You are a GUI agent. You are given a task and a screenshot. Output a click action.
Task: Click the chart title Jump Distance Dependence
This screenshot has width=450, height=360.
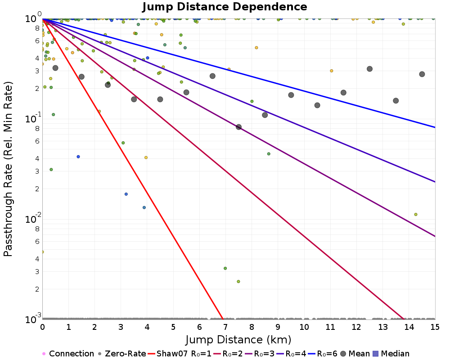coord(225,7)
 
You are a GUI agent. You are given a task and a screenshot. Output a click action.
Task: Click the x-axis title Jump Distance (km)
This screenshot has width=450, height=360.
coord(238,340)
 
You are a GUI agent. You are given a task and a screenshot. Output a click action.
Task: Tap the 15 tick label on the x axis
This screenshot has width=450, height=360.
coord(435,327)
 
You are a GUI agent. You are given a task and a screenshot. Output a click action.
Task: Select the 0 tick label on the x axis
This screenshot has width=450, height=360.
coord(42,327)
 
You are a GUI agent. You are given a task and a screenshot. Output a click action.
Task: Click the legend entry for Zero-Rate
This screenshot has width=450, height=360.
coord(122,353)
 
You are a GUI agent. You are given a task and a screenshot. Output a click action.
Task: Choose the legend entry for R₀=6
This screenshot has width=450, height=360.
coord(323,353)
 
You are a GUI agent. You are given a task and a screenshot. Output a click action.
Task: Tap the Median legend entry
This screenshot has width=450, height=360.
coord(391,353)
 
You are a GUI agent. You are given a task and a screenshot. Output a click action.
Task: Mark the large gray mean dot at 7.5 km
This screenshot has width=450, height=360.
coord(238,127)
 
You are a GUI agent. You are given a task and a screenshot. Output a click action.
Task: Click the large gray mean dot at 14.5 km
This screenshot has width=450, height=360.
coord(422,74)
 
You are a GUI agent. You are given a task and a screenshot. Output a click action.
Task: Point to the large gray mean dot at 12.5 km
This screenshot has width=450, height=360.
coord(369,69)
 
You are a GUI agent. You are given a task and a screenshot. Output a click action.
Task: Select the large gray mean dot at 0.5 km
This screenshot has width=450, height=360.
coord(55,68)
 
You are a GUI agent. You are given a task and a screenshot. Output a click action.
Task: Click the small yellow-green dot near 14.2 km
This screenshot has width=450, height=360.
coord(415,215)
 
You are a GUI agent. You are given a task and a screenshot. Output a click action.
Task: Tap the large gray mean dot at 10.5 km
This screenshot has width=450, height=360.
coord(317,105)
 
